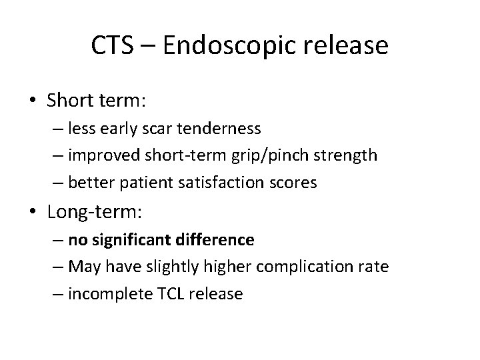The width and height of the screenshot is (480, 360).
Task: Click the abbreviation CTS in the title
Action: coord(113,46)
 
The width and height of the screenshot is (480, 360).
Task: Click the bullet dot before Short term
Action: coord(33,102)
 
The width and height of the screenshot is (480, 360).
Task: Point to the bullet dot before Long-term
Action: coord(33,213)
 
